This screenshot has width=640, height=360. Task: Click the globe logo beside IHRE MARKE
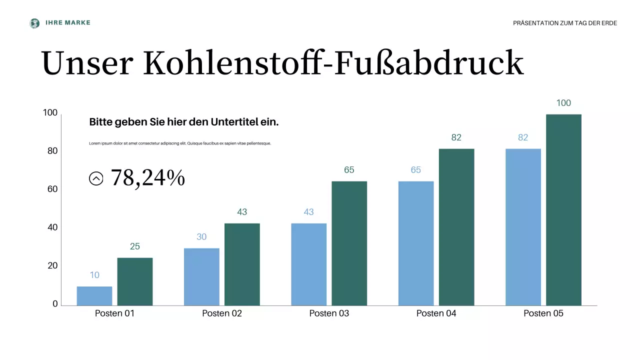pos(34,23)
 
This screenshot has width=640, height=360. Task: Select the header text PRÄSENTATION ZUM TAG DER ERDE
pos(565,23)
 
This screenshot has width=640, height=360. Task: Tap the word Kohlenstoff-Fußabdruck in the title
pos(333,63)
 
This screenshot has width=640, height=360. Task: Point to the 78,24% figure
pos(147,178)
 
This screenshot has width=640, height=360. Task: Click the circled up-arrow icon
pos(96,178)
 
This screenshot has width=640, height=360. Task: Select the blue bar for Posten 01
pos(94,295)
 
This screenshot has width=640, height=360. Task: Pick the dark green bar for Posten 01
pos(135,281)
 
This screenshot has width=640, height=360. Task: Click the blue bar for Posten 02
pos(201,276)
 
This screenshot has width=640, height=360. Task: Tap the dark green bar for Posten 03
pos(349,243)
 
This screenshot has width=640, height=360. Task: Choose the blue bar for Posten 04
pos(416,243)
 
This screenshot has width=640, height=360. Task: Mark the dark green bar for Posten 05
pos(563,210)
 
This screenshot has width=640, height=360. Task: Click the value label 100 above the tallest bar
pos(563,103)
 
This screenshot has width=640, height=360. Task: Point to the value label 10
pos(94,275)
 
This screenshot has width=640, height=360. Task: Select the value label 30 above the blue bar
pos(201,237)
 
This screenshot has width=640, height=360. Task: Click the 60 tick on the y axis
pos(52,189)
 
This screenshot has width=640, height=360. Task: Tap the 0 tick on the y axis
pos(55,304)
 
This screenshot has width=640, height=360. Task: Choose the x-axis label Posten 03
pos(329,313)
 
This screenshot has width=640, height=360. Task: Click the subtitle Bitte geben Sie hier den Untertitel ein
pos(183,122)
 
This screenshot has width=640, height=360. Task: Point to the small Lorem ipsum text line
pos(180,143)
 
